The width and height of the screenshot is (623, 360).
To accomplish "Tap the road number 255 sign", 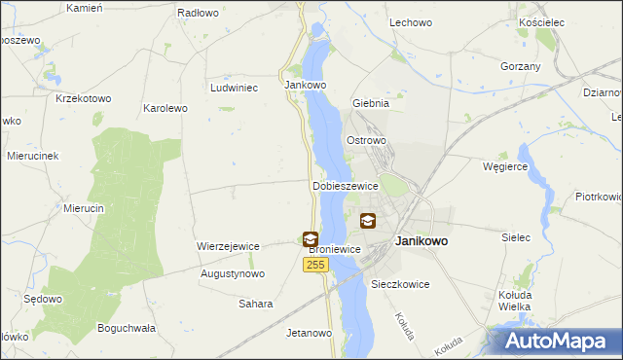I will point(314,265).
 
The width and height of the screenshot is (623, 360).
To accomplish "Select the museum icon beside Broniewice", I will point(310,238).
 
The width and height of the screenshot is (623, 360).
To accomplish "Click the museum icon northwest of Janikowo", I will point(367,221).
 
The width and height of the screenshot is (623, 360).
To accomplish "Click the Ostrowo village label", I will point(367,140).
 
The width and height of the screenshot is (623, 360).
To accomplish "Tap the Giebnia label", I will point(371,102).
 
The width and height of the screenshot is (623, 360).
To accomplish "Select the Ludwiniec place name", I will point(234,87).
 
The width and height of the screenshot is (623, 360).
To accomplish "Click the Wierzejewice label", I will point(228,246).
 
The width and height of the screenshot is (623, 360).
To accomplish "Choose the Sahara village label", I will point(256,304).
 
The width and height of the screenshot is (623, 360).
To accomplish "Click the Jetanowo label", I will point(310,333).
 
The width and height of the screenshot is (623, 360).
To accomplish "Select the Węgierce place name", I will point(505,166).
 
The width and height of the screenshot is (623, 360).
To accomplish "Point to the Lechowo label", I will point(411,21).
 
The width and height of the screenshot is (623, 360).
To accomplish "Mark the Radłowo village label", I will point(198,13).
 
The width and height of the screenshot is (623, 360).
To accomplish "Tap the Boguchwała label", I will point(127,328).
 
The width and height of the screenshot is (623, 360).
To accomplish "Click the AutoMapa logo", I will point(558,342).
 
